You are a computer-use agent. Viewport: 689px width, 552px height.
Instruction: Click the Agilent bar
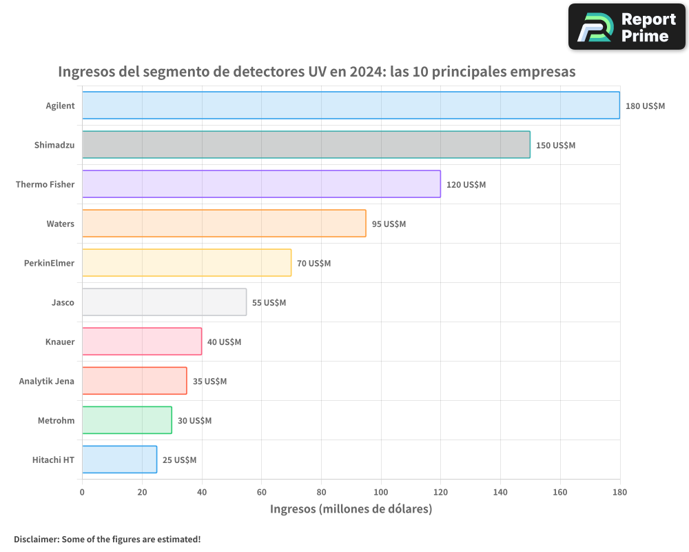351,106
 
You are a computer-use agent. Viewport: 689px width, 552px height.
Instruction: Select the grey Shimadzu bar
306,145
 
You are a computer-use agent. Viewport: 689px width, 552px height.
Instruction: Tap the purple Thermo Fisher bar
261,184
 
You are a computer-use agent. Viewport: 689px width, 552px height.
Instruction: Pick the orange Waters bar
224,224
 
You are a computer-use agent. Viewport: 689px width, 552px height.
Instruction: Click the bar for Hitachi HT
119,460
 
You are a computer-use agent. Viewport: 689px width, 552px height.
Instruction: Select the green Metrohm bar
127,420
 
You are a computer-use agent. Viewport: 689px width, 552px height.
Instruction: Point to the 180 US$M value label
645,106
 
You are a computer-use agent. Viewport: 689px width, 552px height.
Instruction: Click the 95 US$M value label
389,224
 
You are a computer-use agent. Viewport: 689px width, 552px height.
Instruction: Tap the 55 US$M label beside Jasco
269,303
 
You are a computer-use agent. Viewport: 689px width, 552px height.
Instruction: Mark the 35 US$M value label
209,382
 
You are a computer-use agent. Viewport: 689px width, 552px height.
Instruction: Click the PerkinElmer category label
49,263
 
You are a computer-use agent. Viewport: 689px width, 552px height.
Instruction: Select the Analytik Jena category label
46,381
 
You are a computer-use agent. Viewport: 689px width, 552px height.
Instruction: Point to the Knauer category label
60,342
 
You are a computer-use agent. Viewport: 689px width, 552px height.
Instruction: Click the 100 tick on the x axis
381,492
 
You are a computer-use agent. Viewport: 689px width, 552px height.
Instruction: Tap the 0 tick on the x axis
82,492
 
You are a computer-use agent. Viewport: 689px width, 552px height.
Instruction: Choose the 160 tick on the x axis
560,492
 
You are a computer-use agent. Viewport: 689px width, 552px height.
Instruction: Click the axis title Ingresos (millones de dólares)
351,509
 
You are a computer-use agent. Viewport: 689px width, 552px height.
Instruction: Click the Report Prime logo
627,27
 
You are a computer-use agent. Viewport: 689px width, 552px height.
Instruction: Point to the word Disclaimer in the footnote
36,539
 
